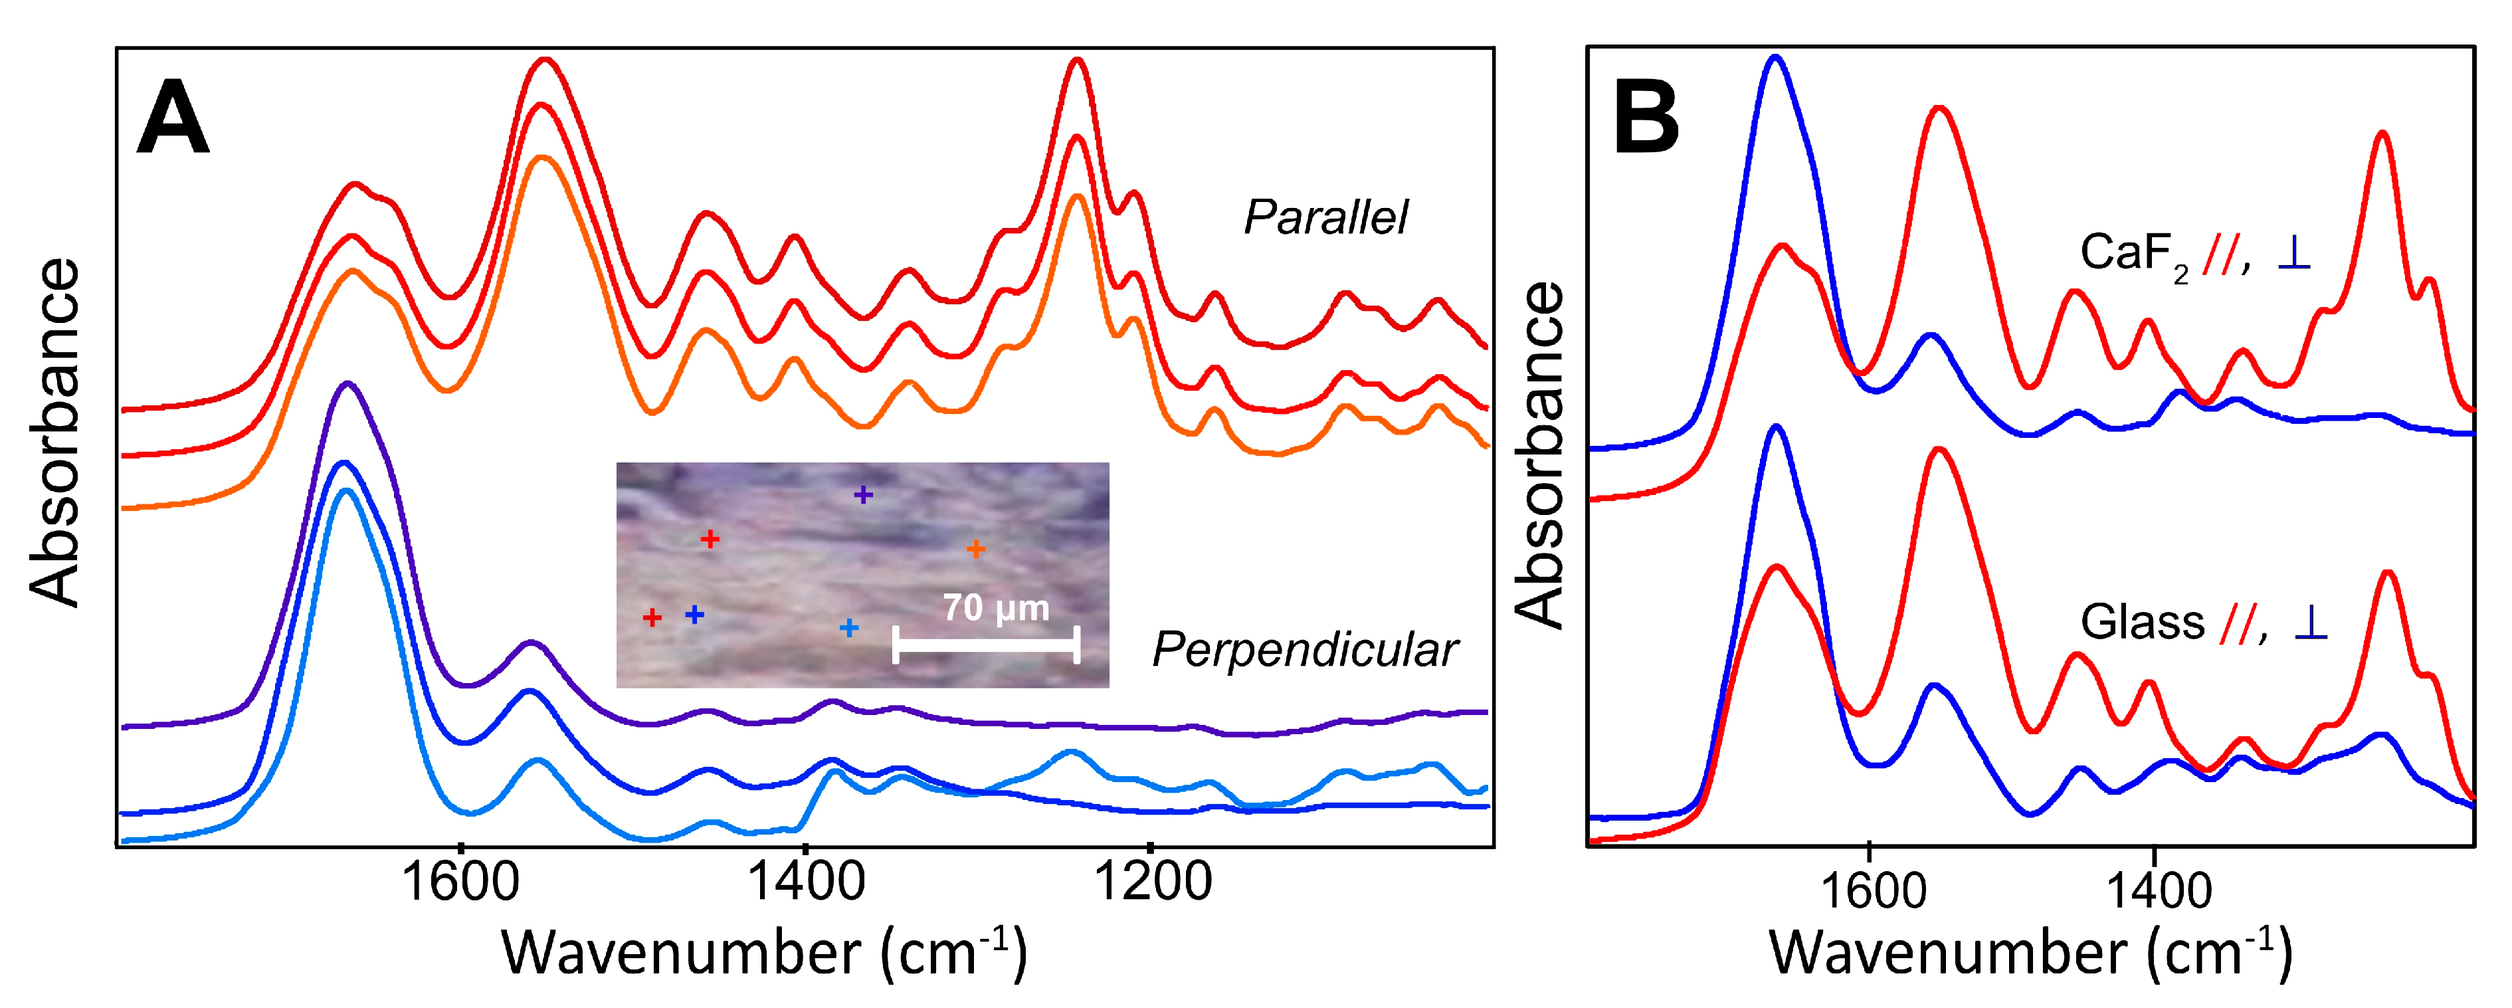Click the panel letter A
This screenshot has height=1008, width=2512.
[173, 119]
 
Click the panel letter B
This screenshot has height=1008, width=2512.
[1646, 119]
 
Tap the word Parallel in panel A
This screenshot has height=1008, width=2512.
[1325, 217]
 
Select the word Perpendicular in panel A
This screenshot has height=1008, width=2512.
[1305, 649]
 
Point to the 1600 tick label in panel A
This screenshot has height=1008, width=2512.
[460, 883]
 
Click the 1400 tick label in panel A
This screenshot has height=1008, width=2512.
[805, 883]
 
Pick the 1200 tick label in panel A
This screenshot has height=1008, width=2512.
[1153, 883]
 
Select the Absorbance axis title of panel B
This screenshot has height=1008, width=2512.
[1540, 455]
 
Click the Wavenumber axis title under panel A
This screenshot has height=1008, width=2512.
[763, 954]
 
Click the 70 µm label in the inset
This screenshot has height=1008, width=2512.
[996, 608]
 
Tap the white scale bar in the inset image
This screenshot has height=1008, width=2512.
[986, 645]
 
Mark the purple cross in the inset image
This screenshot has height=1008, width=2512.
[863, 495]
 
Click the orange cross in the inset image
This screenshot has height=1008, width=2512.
[975, 550]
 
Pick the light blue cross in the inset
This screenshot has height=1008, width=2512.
[849, 628]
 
